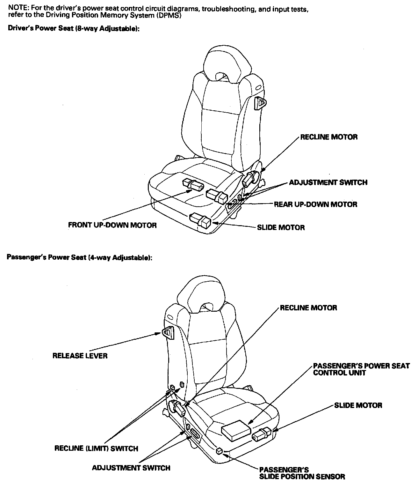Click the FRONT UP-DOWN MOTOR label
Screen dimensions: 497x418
(112, 225)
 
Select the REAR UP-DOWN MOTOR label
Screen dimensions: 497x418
(315, 204)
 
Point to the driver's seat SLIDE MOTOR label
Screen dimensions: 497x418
(281, 227)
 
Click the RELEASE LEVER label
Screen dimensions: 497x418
(80, 356)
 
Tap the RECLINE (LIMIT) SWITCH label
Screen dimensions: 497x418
(96, 449)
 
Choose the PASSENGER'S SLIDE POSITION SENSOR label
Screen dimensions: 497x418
(302, 473)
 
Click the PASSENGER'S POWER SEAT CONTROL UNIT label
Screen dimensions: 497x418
(361, 369)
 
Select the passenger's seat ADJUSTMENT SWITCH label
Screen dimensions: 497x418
(131, 468)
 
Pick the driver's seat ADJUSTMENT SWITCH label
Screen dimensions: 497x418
(328, 182)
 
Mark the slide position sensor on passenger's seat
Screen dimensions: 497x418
(219, 450)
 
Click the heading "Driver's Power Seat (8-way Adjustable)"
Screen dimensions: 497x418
(74, 29)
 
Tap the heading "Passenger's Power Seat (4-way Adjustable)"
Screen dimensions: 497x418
(79, 258)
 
